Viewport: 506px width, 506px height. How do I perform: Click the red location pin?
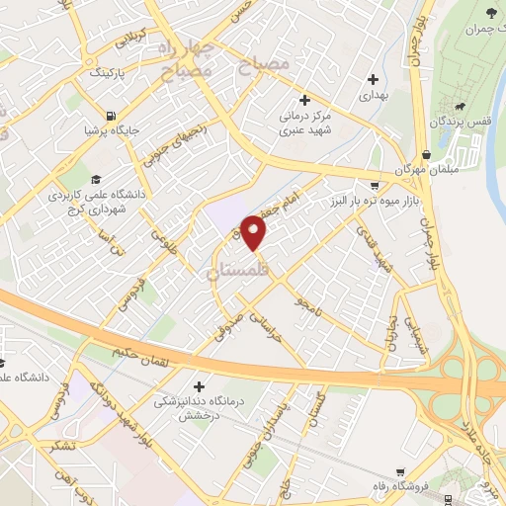click(254, 232)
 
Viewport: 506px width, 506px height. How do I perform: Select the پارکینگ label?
click(109, 72)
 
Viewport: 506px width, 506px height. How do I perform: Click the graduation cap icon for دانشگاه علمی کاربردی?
click(96, 179)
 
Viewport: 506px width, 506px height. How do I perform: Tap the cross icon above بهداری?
click(373, 80)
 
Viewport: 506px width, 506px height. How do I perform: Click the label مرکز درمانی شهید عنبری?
click(305, 121)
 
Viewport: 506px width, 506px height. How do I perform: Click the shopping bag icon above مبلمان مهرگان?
click(426, 155)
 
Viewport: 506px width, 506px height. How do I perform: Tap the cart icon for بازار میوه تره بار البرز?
click(373, 185)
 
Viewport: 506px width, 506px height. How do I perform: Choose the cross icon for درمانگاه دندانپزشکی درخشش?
click(200, 386)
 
